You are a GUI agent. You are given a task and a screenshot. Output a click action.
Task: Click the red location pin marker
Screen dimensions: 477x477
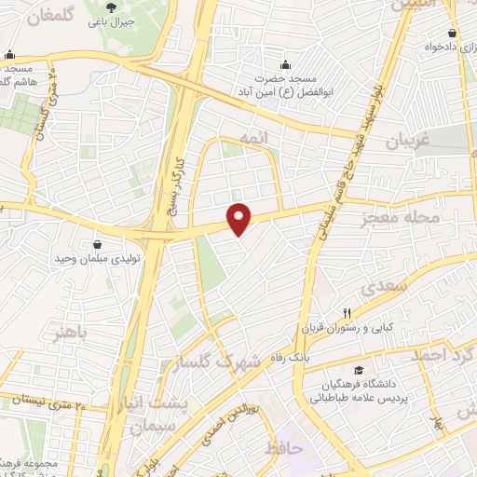click(x=240, y=218)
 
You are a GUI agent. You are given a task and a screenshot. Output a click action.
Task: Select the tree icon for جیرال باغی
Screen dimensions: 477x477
click(x=111, y=7)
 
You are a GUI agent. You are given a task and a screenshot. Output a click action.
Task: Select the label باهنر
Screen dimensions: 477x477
click(x=73, y=332)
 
